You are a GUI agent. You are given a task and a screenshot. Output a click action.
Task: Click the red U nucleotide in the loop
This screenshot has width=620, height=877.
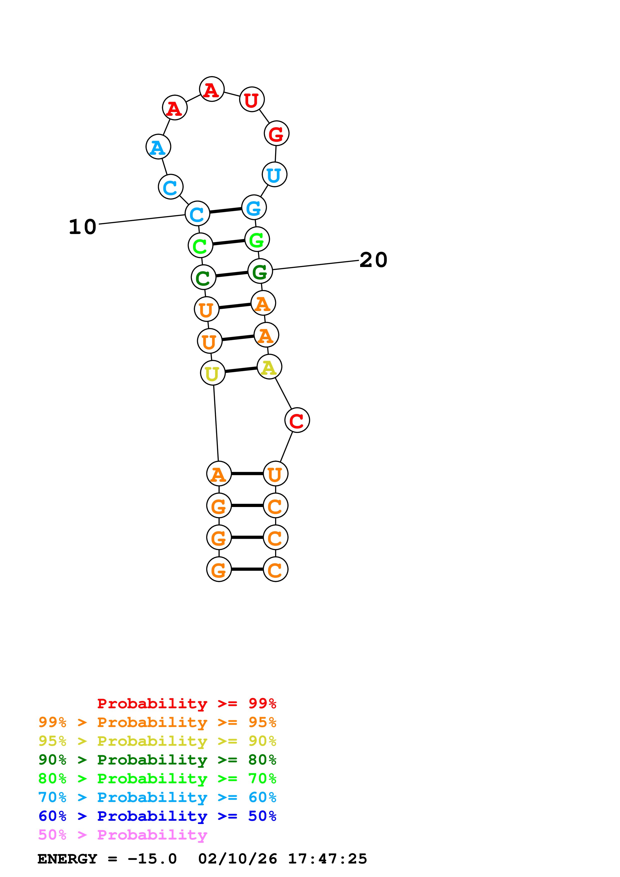click(x=252, y=100)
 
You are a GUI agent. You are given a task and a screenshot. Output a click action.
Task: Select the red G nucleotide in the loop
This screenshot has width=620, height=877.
click(x=276, y=134)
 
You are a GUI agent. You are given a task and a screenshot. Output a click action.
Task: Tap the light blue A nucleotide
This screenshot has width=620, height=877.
click(x=158, y=147)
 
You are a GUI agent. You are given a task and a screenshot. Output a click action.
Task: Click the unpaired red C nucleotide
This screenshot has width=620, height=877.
click(x=297, y=420)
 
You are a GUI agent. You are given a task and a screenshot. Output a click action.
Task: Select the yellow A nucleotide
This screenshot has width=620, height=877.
click(x=269, y=367)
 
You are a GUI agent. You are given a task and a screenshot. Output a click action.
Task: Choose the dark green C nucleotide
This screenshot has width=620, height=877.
click(x=203, y=278)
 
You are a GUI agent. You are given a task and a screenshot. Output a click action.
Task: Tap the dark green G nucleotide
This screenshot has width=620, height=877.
click(x=260, y=271)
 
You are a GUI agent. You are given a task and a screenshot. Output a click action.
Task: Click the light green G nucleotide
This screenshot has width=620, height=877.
click(x=257, y=239)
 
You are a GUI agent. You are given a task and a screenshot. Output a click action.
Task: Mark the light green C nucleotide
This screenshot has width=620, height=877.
click(x=200, y=245)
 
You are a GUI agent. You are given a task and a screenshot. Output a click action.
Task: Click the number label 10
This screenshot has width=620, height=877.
click(x=83, y=227)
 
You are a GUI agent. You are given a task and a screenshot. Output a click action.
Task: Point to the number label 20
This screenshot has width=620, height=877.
click(x=373, y=260)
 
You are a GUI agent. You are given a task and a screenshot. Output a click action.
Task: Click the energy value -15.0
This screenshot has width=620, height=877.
click(x=152, y=859)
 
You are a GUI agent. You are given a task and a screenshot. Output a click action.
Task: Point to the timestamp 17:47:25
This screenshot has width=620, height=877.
click(x=327, y=859)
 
